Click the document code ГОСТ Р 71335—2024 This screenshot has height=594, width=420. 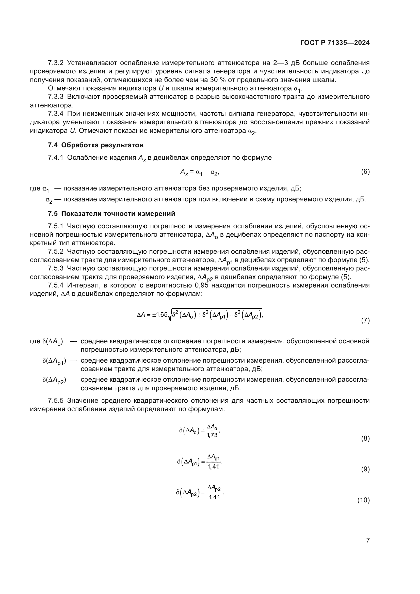tap(335, 43)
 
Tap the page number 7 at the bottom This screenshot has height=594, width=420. tap(368, 540)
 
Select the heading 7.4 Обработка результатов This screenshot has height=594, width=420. tap(95, 145)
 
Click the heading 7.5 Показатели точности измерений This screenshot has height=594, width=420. tap(111, 214)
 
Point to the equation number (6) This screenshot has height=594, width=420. tap(365, 171)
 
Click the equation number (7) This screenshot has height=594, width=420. tap(365, 320)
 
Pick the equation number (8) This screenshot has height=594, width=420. tap(365, 439)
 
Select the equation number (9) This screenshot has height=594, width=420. tap(365, 469)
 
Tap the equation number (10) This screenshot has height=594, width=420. tap(364, 500)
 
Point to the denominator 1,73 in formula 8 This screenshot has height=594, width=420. tap(212, 435)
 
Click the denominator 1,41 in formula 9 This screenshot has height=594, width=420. tap(214, 466)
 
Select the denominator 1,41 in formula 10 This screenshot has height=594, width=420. tap(214, 497)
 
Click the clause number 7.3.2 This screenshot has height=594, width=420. tap(56, 63)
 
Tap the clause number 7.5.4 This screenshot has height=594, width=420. tap(56, 285)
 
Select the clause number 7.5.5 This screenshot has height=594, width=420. tap(56, 401)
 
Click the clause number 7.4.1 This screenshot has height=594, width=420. tap(56, 157)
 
